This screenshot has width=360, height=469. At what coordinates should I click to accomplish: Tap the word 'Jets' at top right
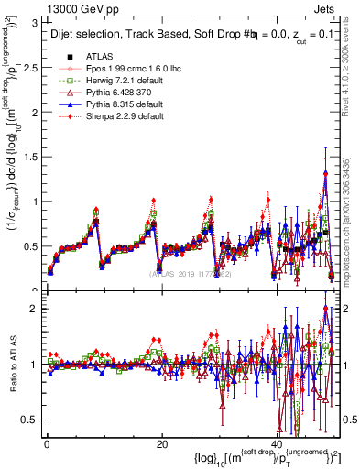[326, 9]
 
